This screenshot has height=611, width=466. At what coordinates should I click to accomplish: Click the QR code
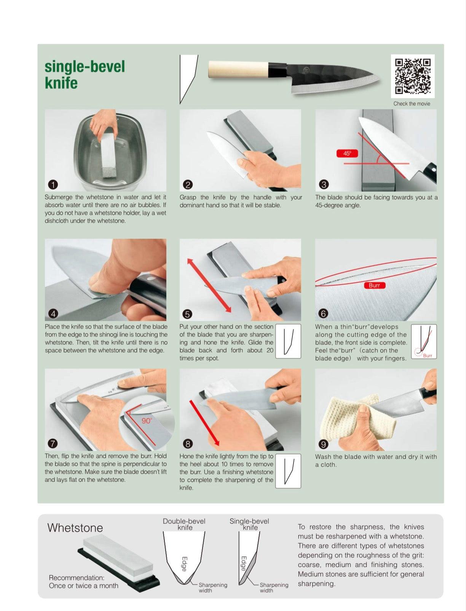pyautogui.click(x=413, y=76)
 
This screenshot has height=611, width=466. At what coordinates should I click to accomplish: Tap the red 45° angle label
pyautogui.click(x=347, y=154)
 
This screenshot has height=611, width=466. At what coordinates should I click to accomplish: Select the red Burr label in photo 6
pyautogui.click(x=374, y=285)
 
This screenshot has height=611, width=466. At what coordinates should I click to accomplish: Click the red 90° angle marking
pyautogui.click(x=147, y=421)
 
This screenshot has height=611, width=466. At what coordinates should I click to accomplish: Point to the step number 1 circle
pyautogui.click(x=53, y=184)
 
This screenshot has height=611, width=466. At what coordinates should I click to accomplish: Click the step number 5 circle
pyautogui.click(x=188, y=314)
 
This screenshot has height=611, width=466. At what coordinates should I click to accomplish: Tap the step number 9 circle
pyautogui.click(x=323, y=444)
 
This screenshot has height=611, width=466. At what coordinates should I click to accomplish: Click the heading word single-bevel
pyautogui.click(x=85, y=67)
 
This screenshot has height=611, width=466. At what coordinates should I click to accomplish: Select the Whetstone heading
pyautogui.click(x=75, y=528)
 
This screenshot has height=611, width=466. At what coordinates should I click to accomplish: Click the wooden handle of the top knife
pyautogui.click(x=238, y=70)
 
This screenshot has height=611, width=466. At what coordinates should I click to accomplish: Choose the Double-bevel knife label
pyautogui.click(x=184, y=525)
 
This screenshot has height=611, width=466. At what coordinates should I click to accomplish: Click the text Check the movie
pyautogui.click(x=412, y=104)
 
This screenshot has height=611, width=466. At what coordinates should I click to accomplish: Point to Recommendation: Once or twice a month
pyautogui.click(x=83, y=582)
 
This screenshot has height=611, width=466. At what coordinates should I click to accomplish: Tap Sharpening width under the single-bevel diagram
pyautogui.click(x=274, y=588)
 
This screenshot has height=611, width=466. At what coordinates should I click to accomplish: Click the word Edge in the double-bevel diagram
pyautogui.click(x=184, y=564)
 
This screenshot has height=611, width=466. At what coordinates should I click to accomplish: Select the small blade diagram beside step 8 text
pyautogui.click(x=288, y=471)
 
